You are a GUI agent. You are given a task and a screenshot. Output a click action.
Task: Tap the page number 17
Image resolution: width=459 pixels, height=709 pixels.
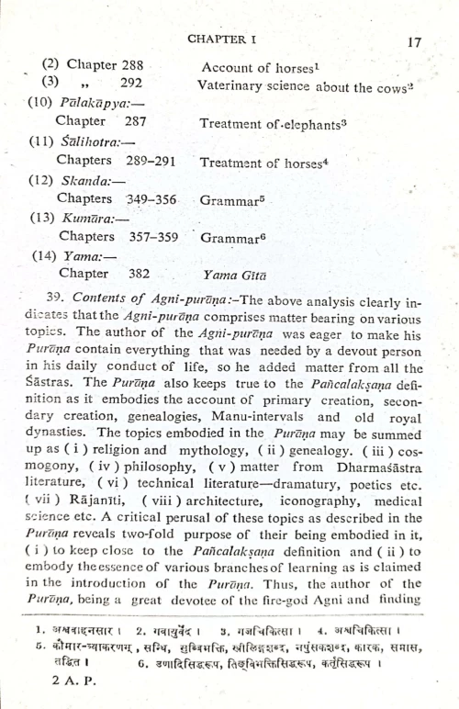coord(412,41)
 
